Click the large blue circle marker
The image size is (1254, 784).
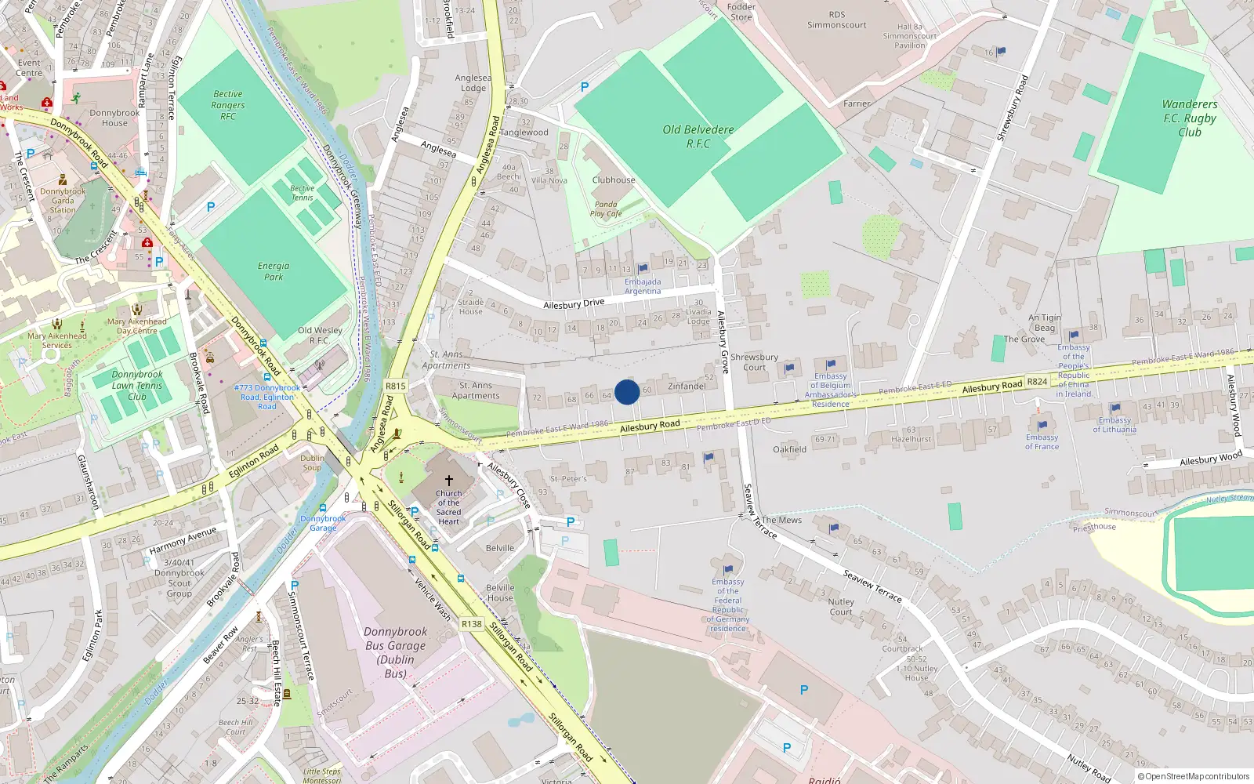pyautogui.click(x=627, y=392)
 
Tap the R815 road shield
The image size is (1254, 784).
pyautogui.click(x=396, y=386)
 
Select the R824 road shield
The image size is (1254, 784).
pyautogui.click(x=1037, y=382)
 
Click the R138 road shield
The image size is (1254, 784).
pyautogui.click(x=471, y=624)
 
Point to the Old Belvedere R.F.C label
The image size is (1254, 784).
pyautogui.click(x=698, y=136)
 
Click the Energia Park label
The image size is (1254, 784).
pyautogui.click(x=274, y=271)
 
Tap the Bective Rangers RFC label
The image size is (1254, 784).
pyautogui.click(x=228, y=105)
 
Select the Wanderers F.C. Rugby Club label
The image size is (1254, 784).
pyautogui.click(x=1189, y=118)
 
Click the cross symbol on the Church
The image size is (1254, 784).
pyautogui.click(x=449, y=480)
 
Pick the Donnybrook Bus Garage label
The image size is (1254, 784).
pyautogui.click(x=396, y=652)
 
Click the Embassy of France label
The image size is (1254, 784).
pyautogui.click(x=1042, y=442)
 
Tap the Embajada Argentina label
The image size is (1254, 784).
pyautogui.click(x=643, y=286)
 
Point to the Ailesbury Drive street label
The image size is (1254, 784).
pyautogui.click(x=574, y=304)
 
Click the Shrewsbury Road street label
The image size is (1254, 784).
pyautogui.click(x=1012, y=108)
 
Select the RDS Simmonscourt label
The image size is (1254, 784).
pyautogui.click(x=837, y=20)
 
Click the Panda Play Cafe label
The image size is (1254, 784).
pyautogui.click(x=606, y=209)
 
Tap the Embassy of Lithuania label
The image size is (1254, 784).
pyautogui.click(x=1114, y=425)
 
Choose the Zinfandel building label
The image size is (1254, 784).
pyautogui.click(x=687, y=386)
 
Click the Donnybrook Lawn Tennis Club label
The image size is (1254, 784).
pyautogui.click(x=137, y=385)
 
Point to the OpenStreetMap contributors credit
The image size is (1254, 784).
pyautogui.click(x=1194, y=776)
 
